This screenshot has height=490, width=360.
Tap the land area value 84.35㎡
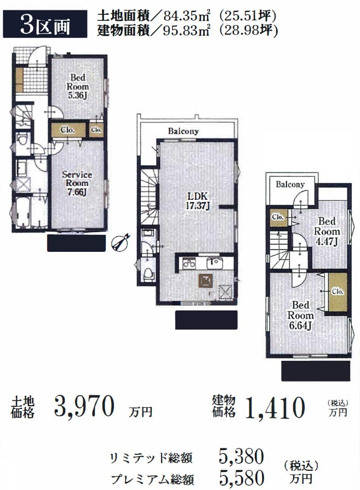(x=187, y=15)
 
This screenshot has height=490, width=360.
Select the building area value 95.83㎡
(x=187, y=31)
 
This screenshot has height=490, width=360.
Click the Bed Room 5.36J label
(x=77, y=87)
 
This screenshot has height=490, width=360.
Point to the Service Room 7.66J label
(x=77, y=183)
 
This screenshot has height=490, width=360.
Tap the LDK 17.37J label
(x=197, y=201)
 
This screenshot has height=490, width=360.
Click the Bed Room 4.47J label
(x=327, y=231)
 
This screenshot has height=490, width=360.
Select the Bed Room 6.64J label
(x=300, y=315)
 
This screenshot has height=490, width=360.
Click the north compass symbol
(x=121, y=242)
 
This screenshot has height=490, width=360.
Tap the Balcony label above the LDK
(x=183, y=131)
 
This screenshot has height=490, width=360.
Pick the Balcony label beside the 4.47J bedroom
(x=290, y=185)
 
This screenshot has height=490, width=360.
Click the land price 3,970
(x=84, y=407)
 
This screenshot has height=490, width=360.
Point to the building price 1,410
(x=275, y=407)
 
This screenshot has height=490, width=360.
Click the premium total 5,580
(x=242, y=477)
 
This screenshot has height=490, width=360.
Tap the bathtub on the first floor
(x=22, y=212)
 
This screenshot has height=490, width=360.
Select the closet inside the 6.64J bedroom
(x=338, y=292)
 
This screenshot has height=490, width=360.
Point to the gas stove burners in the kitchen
(x=189, y=263)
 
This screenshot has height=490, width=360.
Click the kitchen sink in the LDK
(x=215, y=263)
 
